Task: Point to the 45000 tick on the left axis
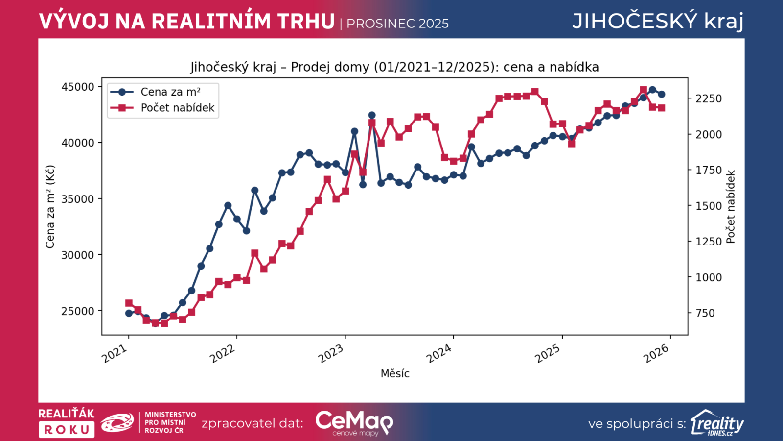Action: coord(78,87)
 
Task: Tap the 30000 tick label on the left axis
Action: coord(78,255)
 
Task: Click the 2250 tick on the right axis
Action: coord(708,99)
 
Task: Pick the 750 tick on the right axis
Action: coord(705,313)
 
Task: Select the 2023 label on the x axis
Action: coord(331,353)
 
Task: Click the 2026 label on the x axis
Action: coord(656,353)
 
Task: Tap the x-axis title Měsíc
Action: coord(395,374)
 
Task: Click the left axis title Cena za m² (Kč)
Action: coord(50,207)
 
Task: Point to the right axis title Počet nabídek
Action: coord(731,207)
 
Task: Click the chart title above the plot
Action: coord(394,67)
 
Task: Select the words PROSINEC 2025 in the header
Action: coord(397,24)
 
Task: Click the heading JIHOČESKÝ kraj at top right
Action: coord(658,21)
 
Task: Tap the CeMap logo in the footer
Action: coord(354,422)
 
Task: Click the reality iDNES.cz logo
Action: coord(717,423)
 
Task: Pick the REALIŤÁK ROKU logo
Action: coord(67,422)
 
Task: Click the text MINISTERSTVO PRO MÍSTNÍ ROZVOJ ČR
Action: coord(170,422)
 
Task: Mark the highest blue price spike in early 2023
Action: coord(372,116)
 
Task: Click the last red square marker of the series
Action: coord(662,108)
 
